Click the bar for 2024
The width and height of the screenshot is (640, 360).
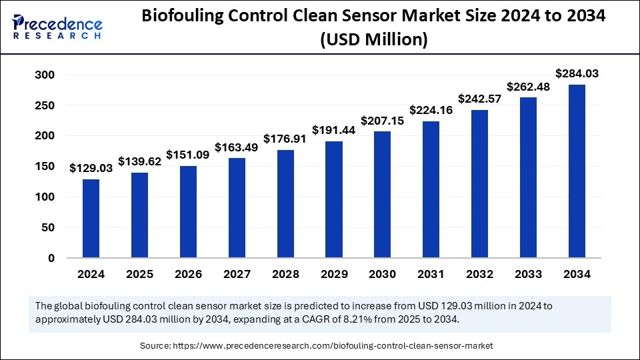point(91,218)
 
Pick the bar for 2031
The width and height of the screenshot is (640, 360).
point(431,189)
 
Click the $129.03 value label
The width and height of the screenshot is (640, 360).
point(91,169)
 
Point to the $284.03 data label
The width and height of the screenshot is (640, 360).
point(577,75)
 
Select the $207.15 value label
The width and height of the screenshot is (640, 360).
point(383,121)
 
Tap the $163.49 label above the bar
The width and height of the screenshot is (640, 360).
point(237,147)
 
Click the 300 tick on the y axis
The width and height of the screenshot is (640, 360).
point(45,75)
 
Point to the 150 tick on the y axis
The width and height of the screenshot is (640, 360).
point(45,167)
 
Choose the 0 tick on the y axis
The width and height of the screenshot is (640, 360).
point(51,258)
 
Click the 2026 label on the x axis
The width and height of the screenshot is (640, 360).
point(188,274)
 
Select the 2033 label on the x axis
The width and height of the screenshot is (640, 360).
point(528,274)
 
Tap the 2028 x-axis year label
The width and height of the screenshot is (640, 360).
point(285,274)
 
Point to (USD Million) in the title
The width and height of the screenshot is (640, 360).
point(373,40)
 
